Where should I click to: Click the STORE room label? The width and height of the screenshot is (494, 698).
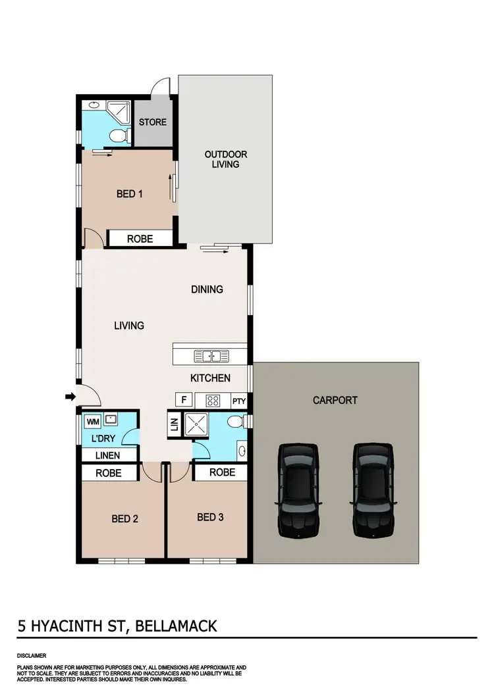coord(153,122)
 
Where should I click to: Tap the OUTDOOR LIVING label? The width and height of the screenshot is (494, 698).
coord(225,159)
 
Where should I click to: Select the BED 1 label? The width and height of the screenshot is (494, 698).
coord(130,194)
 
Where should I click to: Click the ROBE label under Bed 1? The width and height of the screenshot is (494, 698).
coord(140,239)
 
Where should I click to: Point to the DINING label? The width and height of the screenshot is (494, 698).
coord(207,289)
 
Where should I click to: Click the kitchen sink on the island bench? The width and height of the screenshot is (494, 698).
coord(211,356)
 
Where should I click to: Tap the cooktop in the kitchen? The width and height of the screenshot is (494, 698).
coord(213,400)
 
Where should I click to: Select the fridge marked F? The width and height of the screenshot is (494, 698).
coord(184,400)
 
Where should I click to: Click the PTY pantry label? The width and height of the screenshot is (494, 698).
coord(238,401)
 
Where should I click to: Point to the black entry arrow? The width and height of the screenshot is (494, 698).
coord(69,396)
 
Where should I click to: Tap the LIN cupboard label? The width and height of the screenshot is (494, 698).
coord(174,425)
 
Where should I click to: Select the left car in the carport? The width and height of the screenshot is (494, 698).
coord(298,489)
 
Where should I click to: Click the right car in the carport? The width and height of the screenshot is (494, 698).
coord(373,489)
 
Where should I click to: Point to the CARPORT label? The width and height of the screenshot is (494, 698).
coord(335,400)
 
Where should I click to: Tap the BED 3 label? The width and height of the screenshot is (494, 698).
coord(210,517)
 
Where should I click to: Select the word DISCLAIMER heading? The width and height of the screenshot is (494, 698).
coord(32,656)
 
